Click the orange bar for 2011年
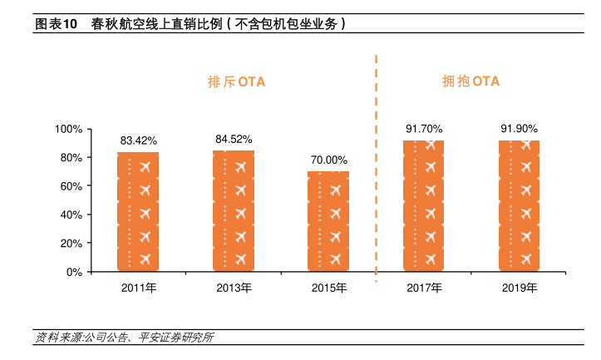coord(138,212)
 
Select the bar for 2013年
coord(234,211)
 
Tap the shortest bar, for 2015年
coord(328,221)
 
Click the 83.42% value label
coord(138,141)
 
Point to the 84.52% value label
coord(234,139)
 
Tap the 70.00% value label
coord(328,160)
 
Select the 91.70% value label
coord(423,129)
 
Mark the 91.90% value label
coord(519,129)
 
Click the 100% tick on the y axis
coord(67,130)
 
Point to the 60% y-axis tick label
coord(70,186)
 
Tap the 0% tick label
coord(73,272)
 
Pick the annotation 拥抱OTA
coord(470,81)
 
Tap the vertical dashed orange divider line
coord(377,166)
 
